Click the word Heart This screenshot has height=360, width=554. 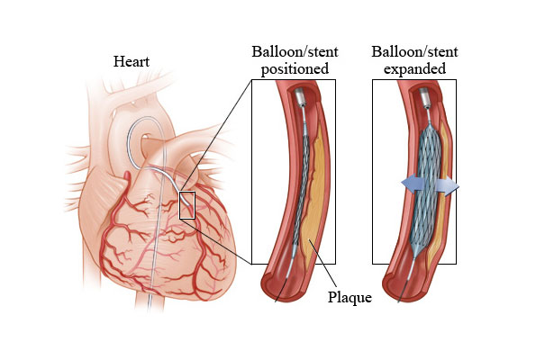click(131, 62)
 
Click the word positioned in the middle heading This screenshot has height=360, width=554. click(294, 68)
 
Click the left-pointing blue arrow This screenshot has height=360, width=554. click(413, 184)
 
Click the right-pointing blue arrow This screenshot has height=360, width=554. click(447, 187)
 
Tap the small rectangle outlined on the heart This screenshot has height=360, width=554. click(187, 205)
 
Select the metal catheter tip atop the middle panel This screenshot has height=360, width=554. click(298, 95)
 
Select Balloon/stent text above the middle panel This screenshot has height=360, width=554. click(294, 52)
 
